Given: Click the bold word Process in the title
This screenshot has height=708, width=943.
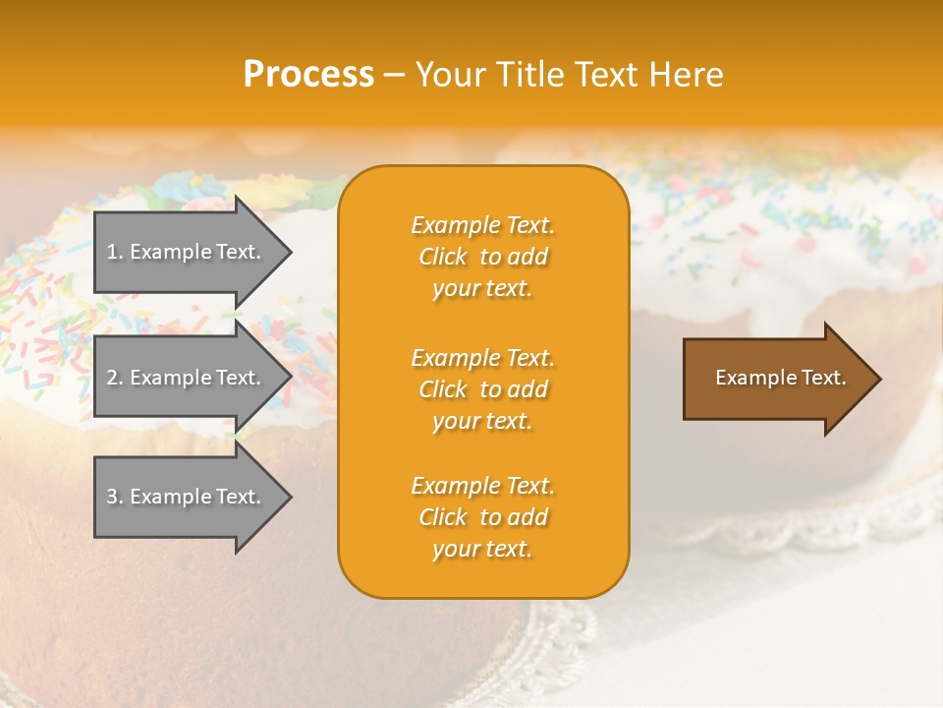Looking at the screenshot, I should click(x=308, y=75).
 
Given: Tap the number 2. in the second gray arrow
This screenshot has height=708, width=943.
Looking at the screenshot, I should click(x=115, y=378).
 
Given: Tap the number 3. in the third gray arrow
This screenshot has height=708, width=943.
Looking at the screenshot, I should click(x=115, y=497).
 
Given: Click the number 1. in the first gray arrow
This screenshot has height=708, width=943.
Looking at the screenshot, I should click(x=115, y=252).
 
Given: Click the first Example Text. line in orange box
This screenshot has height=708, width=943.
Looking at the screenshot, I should click(x=482, y=225).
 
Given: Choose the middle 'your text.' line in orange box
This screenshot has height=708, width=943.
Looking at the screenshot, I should click(x=482, y=421).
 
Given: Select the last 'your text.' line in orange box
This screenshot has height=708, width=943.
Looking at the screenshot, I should click(x=482, y=549).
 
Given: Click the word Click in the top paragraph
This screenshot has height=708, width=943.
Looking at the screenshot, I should click(x=443, y=257).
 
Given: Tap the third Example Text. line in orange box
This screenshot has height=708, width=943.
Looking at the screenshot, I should click(x=482, y=486).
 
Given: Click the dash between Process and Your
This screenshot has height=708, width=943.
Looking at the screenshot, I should click(x=394, y=75).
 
